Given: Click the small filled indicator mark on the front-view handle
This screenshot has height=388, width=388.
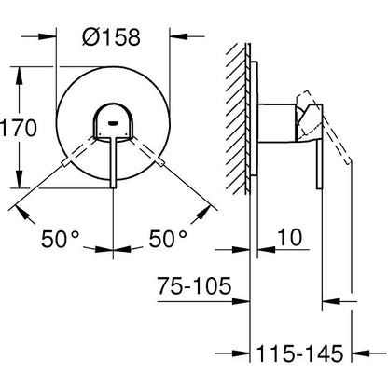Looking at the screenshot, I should coord(114,121).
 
